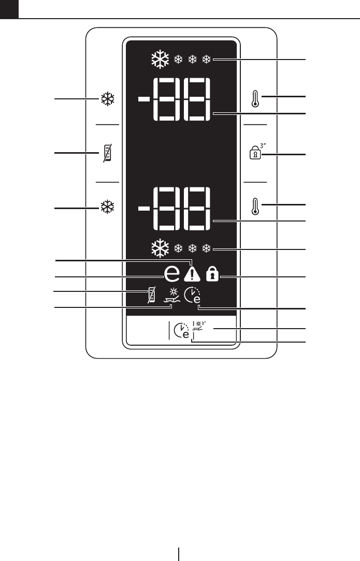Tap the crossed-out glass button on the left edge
[x=107, y=153]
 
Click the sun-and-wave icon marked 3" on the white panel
[x=198, y=327]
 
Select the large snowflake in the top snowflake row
[x=160, y=61]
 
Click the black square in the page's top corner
[x=9, y=9]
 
